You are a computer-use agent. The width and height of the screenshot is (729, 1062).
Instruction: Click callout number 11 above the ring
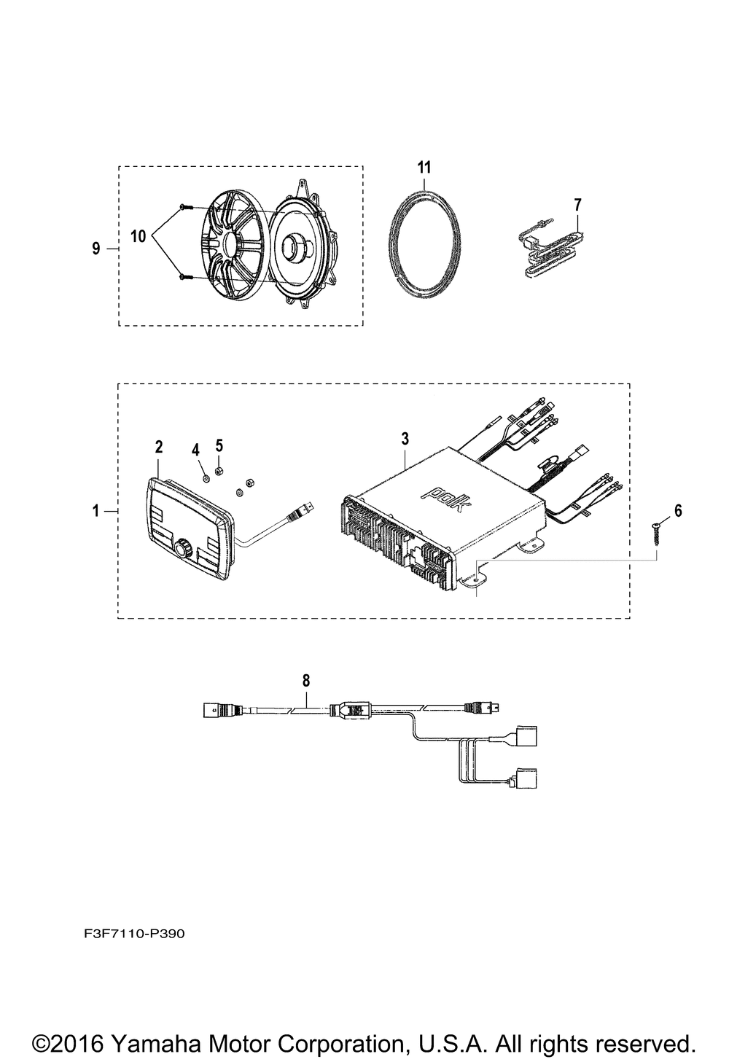424,167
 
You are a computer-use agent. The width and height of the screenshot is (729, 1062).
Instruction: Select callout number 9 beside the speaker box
96,249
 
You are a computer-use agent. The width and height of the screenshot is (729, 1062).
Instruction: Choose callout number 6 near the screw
678,510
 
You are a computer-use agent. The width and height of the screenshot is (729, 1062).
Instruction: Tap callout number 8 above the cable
306,680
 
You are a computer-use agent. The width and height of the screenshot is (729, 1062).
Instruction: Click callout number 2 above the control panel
159,446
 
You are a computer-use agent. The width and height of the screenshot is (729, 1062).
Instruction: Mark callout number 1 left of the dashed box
95,512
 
